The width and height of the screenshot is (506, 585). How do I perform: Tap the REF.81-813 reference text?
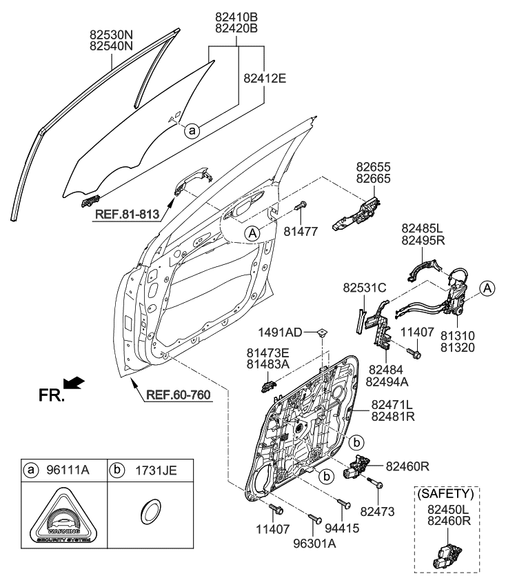126,215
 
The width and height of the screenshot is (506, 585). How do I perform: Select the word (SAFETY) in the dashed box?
447,493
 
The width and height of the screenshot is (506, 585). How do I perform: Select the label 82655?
373,167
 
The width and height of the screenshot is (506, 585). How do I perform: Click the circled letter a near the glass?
193,128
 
